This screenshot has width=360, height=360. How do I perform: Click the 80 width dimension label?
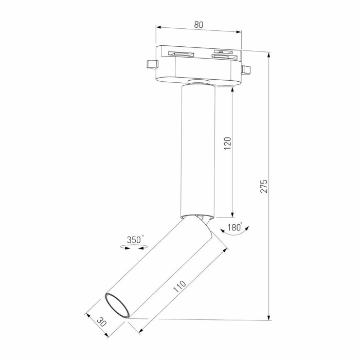coord(199,24)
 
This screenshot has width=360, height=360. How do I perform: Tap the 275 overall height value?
coord(264,186)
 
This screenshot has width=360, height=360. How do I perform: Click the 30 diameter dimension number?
coord(101,322)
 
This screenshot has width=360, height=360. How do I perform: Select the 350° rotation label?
coord(136,239)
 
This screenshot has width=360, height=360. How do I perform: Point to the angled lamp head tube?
coord(159,267)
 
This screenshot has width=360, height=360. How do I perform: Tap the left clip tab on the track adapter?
coord(151,64)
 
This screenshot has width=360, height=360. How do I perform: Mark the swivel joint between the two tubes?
coord(202,218)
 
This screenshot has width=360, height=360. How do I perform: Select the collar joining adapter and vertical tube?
coord(199,82)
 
